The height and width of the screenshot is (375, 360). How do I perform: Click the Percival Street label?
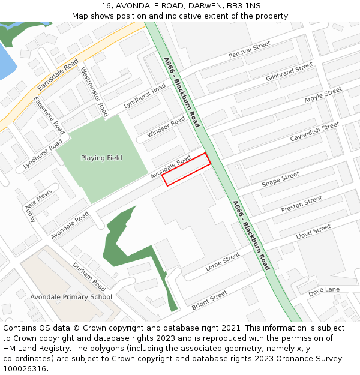point(250,50)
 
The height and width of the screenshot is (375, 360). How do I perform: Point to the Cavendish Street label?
point(315,133)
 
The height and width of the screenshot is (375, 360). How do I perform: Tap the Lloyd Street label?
point(313,232)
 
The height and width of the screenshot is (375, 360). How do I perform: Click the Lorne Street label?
point(223,262)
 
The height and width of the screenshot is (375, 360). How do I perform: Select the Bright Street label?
point(209,300)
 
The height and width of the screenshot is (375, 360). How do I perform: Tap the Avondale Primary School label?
point(71,297)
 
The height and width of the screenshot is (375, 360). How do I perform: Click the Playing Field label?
point(101,158)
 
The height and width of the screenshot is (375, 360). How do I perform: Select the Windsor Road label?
point(166,127)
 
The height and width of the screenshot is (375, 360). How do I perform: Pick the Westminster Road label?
point(95,92)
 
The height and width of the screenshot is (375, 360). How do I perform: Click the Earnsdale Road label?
point(58,75)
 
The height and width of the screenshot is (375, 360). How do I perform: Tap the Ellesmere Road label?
point(49,115)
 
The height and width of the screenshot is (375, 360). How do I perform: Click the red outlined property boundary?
point(187,169)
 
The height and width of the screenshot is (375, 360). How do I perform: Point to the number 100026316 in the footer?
point(24,368)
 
